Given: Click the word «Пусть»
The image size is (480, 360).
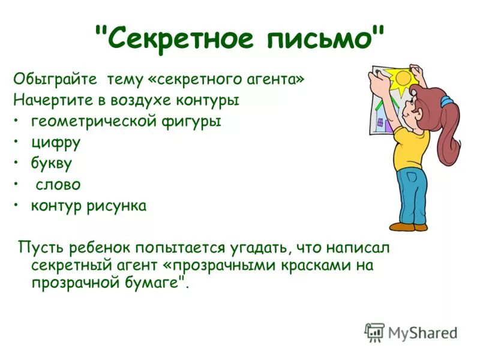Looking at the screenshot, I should pyautogui.click(x=38, y=248).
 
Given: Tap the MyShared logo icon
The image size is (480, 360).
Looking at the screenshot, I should pyautogui.click(x=374, y=331).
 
